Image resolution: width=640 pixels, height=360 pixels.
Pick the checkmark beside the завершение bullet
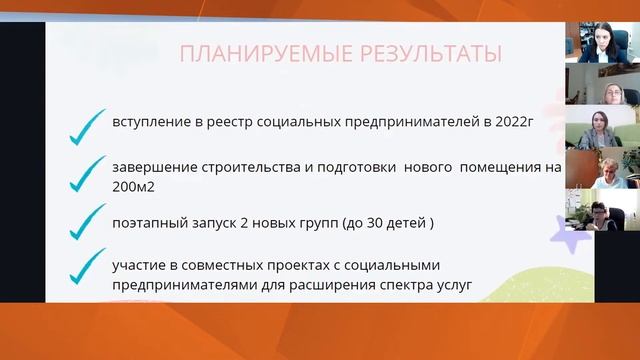(92, 173)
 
